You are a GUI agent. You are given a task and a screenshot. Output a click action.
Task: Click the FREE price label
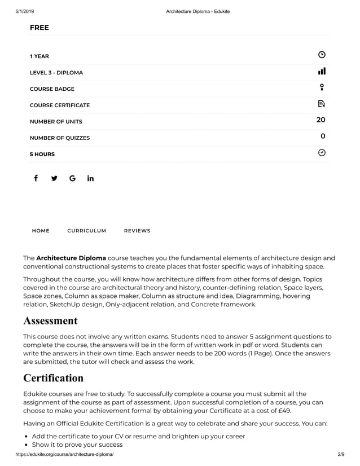tap(39, 28)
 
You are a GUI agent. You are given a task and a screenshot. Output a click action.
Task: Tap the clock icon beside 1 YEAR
tap(322, 55)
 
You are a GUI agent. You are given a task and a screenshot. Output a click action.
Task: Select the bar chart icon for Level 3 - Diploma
tap(322, 71)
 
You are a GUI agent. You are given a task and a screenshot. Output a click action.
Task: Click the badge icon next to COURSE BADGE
tap(322, 87)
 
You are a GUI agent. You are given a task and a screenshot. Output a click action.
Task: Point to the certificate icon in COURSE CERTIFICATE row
tap(322, 104)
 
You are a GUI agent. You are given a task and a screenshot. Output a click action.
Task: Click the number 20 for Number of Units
tap(321, 120)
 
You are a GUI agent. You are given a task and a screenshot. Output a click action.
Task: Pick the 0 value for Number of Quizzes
tap(323, 136)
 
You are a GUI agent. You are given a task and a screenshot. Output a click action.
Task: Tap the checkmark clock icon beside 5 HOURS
tap(322, 152)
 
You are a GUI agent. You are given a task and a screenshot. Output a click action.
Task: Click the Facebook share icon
tap(36, 178)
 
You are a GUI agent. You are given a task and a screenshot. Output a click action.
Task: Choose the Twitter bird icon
tap(54, 178)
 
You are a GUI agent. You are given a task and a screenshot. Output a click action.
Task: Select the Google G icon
tap(72, 178)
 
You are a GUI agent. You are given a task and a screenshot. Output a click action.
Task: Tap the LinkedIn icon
tap(90, 178)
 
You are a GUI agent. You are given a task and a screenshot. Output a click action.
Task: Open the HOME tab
tap(41, 231)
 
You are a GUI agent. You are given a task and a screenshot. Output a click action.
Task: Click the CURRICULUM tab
tap(86, 231)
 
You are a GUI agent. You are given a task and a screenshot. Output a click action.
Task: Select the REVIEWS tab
tap(137, 231)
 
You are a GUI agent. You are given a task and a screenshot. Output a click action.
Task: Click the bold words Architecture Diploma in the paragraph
tap(71, 258)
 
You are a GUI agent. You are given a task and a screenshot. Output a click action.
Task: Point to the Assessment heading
tap(50, 321)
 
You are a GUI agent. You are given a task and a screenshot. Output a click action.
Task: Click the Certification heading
tap(53, 377)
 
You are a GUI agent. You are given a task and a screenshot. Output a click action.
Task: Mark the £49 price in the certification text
tap(283, 411)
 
